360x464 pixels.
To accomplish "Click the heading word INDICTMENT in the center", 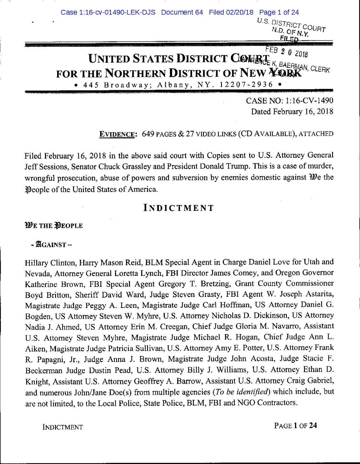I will pyautogui.click(x=179, y=208).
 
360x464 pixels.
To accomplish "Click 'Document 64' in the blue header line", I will pyautogui.click(x=182, y=12).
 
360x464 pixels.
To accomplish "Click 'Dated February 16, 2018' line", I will pyautogui.click(x=292, y=111).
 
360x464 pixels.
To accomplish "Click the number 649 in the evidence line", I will pyautogui.click(x=148, y=134).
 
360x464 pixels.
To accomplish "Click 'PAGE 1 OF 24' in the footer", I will pyautogui.click(x=296, y=425).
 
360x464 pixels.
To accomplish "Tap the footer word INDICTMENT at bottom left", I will pyautogui.click(x=63, y=427).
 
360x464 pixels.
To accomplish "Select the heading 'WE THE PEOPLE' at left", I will pyautogui.click(x=54, y=226).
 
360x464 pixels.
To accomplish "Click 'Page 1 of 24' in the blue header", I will pyautogui.click(x=279, y=12).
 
